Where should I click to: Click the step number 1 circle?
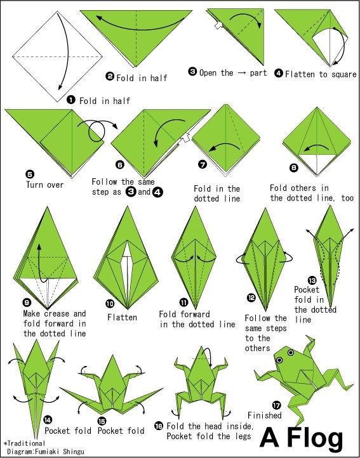70,100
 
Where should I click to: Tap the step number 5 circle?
30,174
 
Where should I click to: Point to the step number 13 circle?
312,281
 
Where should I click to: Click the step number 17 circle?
276,405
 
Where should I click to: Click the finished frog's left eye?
279,360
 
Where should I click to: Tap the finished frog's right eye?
290,353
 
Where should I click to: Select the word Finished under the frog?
265,415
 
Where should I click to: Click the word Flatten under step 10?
122,317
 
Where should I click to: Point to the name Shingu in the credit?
73,451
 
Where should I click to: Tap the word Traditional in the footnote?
26,443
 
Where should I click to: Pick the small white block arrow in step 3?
218,25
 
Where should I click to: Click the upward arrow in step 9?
41,263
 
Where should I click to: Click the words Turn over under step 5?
44,185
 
